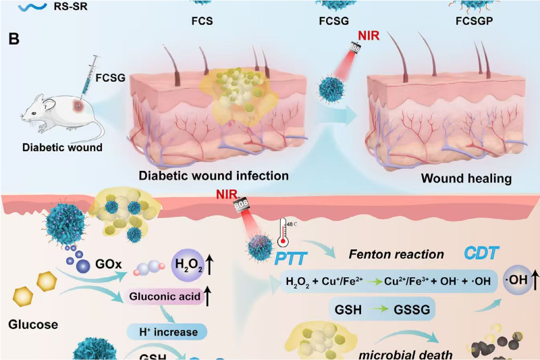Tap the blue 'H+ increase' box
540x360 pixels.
pyautogui.click(x=165, y=331)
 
